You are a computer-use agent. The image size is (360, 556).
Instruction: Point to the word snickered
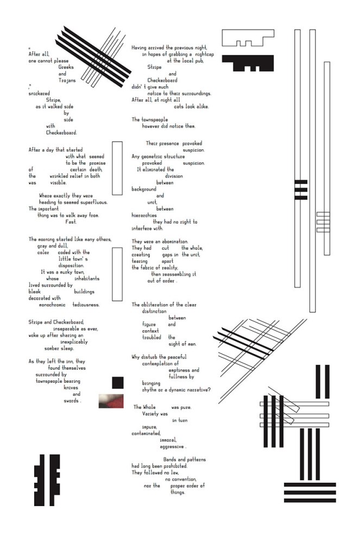coord(39,93)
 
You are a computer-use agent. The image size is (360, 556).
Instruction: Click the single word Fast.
coord(71,222)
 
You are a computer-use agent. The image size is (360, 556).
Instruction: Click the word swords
coord(72,401)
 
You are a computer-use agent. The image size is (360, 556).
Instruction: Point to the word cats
coord(181,106)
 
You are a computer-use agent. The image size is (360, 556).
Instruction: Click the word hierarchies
coord(145,216)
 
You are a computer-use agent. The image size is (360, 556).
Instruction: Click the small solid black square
coord(118,382)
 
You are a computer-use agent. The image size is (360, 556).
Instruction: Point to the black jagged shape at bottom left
coord(47,478)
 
